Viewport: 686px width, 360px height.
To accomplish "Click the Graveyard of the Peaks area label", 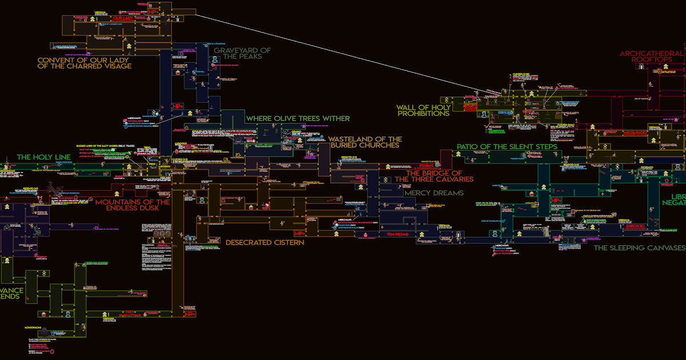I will (242, 53).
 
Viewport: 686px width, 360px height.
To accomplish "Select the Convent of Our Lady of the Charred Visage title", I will (85, 63).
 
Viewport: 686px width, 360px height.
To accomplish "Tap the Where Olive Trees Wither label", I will (298, 118).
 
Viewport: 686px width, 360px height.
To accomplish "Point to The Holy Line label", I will (43, 157).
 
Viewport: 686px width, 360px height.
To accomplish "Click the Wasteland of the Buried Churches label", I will (365, 142).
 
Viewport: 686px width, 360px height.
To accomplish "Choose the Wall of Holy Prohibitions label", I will (423, 110).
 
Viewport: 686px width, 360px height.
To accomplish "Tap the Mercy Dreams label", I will (434, 193).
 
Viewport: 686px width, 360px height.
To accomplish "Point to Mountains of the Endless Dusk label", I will (133, 205).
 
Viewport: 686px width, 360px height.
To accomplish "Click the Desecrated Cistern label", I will (265, 242).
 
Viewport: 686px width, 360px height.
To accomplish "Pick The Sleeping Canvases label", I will (639, 248).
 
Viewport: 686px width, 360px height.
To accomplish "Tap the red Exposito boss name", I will (635, 226).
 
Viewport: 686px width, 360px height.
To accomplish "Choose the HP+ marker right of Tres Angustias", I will (190, 314).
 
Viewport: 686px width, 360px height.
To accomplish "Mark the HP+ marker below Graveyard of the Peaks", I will (177, 107).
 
